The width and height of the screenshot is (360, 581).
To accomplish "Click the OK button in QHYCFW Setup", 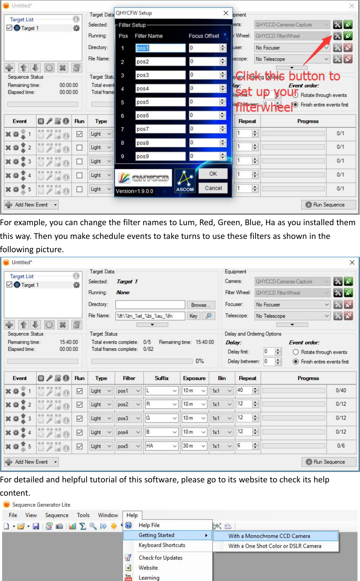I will tap(213, 174).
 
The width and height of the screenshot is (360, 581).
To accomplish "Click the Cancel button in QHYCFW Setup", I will tap(213, 188).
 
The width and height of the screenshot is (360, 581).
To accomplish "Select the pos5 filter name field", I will tap(160, 102).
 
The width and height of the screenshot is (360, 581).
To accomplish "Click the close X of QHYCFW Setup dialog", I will tap(226, 13).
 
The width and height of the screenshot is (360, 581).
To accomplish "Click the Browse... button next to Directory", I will tap(201, 305).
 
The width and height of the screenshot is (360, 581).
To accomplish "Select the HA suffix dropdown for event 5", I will tap(161, 446).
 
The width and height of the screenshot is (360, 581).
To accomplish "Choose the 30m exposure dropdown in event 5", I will tap(194, 446).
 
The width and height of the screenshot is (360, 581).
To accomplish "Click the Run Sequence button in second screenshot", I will tap(329, 462).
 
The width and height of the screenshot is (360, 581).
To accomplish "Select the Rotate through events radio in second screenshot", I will tap(295, 352).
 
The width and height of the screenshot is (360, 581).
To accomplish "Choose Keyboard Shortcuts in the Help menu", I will tap(161, 545).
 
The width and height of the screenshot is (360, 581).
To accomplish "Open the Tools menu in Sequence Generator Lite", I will tap(83, 515).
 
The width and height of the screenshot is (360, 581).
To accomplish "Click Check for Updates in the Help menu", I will tap(160, 558).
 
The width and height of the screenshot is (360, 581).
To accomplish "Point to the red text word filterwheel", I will tap(264, 107).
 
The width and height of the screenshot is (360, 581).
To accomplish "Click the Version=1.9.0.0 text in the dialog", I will tap(135, 191).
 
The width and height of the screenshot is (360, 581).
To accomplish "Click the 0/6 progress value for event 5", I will tap(340, 446).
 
